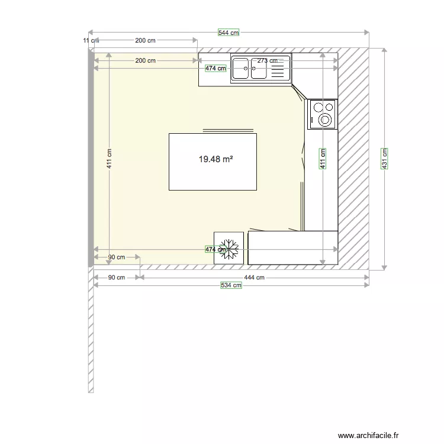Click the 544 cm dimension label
click(x=229, y=33)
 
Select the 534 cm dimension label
click(x=231, y=285)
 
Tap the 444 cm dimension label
click(x=254, y=277)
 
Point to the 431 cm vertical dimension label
click(x=384, y=159)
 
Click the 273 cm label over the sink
click(x=268, y=60)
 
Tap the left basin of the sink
click(x=240, y=69)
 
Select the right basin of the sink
click(x=259, y=69)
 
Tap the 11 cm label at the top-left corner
click(x=89, y=40)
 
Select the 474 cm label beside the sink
click(x=216, y=68)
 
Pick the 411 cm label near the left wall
click(x=110, y=159)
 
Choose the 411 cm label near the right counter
click(x=323, y=159)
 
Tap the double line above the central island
click(x=228, y=129)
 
